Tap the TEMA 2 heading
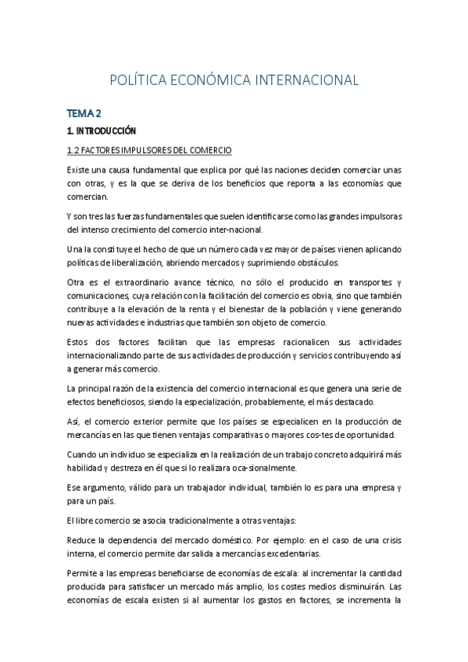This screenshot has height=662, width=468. [x=84, y=113]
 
